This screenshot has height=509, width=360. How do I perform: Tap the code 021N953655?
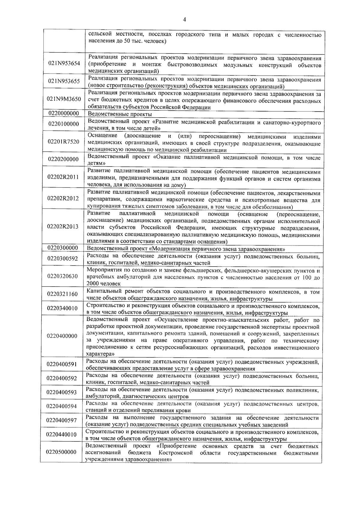coord(64,81)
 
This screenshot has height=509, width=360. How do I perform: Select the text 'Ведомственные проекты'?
coord(120,114)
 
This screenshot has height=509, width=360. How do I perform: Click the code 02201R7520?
coord(64,141)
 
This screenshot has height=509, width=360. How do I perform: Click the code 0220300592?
coord(63,258)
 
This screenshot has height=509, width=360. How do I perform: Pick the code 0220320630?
coord(63,276)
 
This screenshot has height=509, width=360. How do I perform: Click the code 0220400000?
coord(62,336)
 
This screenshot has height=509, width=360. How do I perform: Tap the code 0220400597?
coord(62,420)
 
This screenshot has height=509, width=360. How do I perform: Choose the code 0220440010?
coord(62,434)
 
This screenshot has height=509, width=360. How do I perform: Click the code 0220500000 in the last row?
coord(62,452)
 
